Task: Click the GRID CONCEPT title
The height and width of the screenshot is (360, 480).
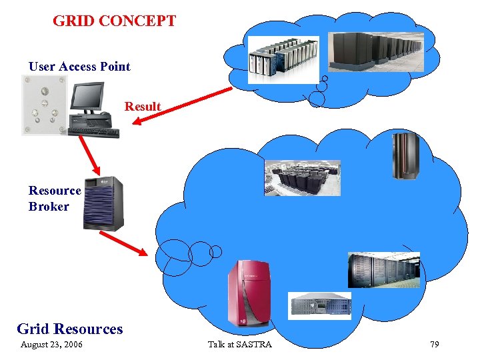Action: tap(114, 21)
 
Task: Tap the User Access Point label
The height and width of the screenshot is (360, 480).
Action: tap(79, 66)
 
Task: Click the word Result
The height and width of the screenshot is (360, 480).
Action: tap(143, 107)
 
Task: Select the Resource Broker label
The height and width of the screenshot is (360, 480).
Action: tap(54, 198)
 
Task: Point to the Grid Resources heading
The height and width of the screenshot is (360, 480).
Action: tap(69, 329)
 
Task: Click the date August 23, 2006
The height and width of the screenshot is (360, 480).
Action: tap(51, 345)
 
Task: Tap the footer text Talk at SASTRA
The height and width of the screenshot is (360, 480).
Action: tap(239, 345)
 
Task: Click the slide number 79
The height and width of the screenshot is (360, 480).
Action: tap(435, 345)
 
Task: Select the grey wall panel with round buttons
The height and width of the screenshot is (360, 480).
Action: tap(45, 105)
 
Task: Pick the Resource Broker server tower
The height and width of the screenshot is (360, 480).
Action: tap(103, 203)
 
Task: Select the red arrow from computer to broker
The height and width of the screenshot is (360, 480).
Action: tap(89, 155)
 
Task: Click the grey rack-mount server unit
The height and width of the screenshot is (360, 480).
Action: tap(319, 305)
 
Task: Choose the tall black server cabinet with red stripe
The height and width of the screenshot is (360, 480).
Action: tap(403, 156)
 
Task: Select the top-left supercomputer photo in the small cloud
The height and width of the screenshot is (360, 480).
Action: tap(283, 59)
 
